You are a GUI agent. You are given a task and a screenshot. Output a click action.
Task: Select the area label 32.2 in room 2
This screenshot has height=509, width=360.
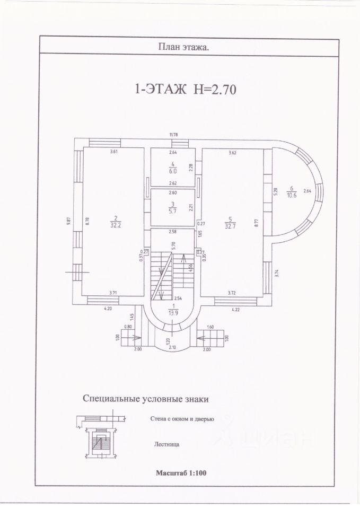(113, 224)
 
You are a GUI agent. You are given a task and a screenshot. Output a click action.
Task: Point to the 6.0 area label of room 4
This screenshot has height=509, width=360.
(172, 171)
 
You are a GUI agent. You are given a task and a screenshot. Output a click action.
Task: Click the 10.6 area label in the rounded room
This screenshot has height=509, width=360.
(291, 194)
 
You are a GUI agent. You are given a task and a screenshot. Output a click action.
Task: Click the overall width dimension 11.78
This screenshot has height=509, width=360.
(173, 135)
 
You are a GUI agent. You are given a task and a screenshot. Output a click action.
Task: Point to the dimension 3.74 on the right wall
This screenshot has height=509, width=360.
(277, 274)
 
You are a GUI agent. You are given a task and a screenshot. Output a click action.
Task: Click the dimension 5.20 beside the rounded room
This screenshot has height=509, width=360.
(275, 192)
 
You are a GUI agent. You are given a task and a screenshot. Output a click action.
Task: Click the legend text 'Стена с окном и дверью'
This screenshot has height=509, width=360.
(182, 419)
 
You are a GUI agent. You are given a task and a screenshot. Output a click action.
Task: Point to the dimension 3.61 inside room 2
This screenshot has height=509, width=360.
(113, 152)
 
